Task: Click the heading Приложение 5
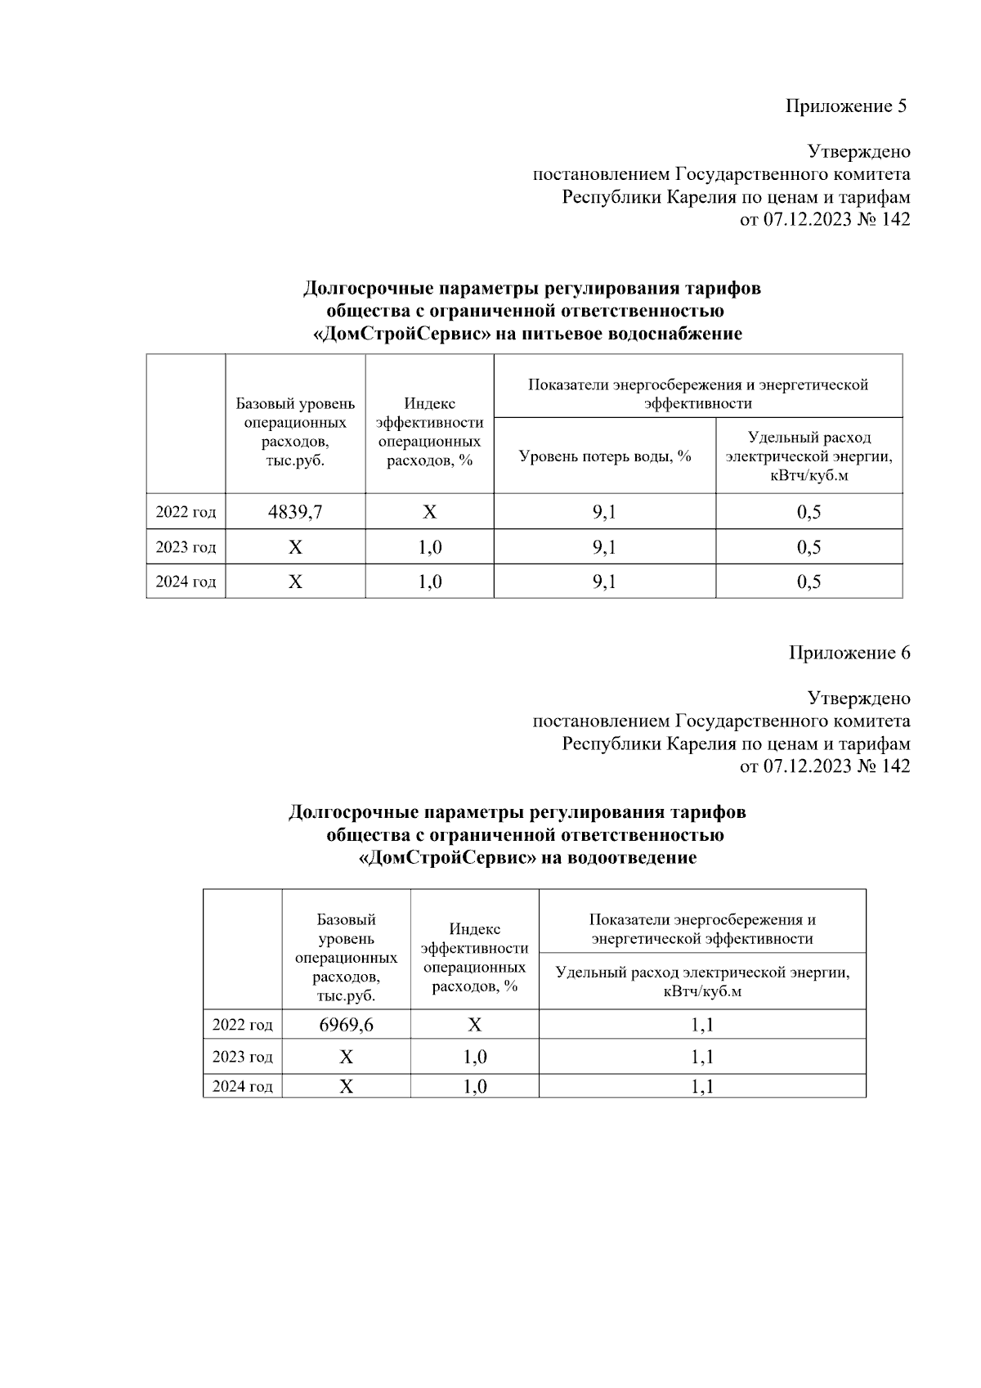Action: [x=846, y=106]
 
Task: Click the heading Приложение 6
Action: [x=849, y=653]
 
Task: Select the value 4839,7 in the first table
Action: [x=295, y=512]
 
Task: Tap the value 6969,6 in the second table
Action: [x=346, y=1025]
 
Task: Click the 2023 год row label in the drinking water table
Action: [x=186, y=547]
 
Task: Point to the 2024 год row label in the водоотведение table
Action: [x=242, y=1086]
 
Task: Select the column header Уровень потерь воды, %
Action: [x=605, y=456]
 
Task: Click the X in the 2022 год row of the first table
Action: [x=429, y=512]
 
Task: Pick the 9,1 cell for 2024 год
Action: [x=604, y=582]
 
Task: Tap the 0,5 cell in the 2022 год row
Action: [x=809, y=512]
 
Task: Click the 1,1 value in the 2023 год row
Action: [x=702, y=1057]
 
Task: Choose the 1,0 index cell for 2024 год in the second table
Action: [x=474, y=1086]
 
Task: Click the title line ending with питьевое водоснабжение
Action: [x=529, y=334]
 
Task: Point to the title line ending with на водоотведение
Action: [x=528, y=858]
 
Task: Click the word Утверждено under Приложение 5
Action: [x=858, y=151]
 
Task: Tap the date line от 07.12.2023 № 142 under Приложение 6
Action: [x=824, y=766]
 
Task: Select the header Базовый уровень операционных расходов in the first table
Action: [x=295, y=432]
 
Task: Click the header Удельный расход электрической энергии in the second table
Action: [x=702, y=981]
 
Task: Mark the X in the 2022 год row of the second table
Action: [x=474, y=1025]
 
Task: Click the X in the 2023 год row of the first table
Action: [x=295, y=547]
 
